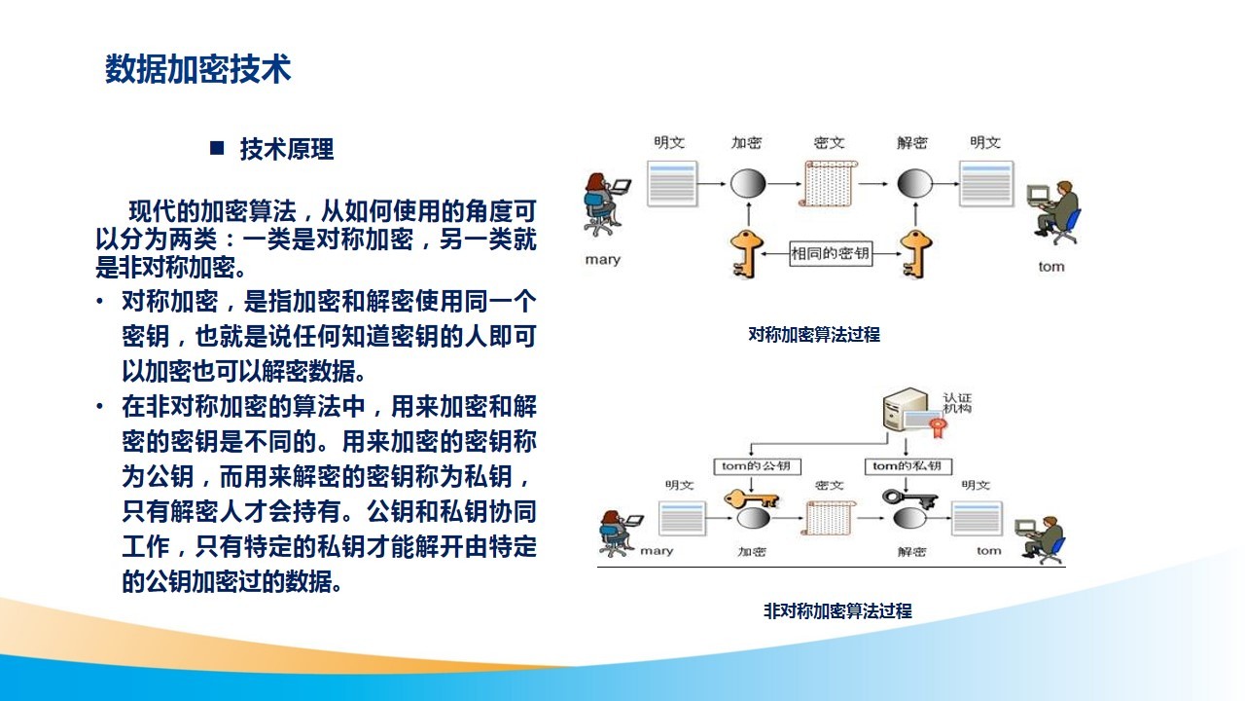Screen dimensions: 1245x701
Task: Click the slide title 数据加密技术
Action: click(197, 69)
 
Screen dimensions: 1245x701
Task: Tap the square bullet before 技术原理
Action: click(217, 148)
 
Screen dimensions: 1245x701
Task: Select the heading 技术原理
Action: click(287, 149)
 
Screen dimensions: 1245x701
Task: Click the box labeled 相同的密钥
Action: click(831, 254)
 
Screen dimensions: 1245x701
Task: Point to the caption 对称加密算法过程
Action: click(814, 334)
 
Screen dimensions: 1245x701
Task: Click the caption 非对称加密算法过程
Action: click(837, 610)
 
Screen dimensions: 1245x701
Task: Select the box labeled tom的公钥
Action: click(757, 466)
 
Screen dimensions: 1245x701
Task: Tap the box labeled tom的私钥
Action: click(908, 466)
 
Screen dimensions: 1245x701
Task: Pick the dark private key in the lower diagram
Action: click(909, 498)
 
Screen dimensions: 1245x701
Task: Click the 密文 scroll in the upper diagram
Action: click(828, 183)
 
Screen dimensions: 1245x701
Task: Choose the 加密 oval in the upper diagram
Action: click(748, 184)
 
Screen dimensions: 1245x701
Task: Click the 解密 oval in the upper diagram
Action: click(915, 184)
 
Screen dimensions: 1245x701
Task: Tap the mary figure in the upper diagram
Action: click(605, 204)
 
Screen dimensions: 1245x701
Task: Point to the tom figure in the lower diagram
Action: click(1041, 538)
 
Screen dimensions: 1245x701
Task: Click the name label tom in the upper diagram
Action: click(1051, 267)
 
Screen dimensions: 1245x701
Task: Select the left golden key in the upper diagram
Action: click(746, 254)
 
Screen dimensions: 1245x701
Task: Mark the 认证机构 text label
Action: click(957, 403)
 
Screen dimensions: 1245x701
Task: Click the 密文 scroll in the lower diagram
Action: click(828, 517)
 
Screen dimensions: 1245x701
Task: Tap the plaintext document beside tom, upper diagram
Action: click(986, 184)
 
